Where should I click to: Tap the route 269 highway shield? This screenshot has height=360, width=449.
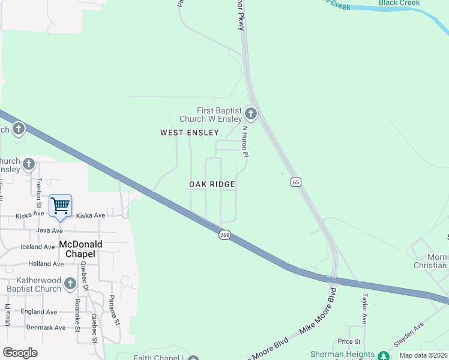224,235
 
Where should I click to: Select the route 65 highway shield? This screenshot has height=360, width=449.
295,182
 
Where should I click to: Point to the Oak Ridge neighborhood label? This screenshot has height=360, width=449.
212,184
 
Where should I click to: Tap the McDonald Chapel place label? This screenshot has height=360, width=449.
80,249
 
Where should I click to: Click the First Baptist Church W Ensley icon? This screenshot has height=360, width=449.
250,113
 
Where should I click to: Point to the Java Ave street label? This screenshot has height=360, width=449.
49,230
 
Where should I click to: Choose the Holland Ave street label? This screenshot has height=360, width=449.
46,263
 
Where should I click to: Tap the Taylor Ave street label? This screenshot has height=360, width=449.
364,307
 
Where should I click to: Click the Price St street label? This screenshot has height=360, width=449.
345,341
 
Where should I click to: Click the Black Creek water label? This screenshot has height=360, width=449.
400,3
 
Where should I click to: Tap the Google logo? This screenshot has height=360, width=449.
20,353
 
